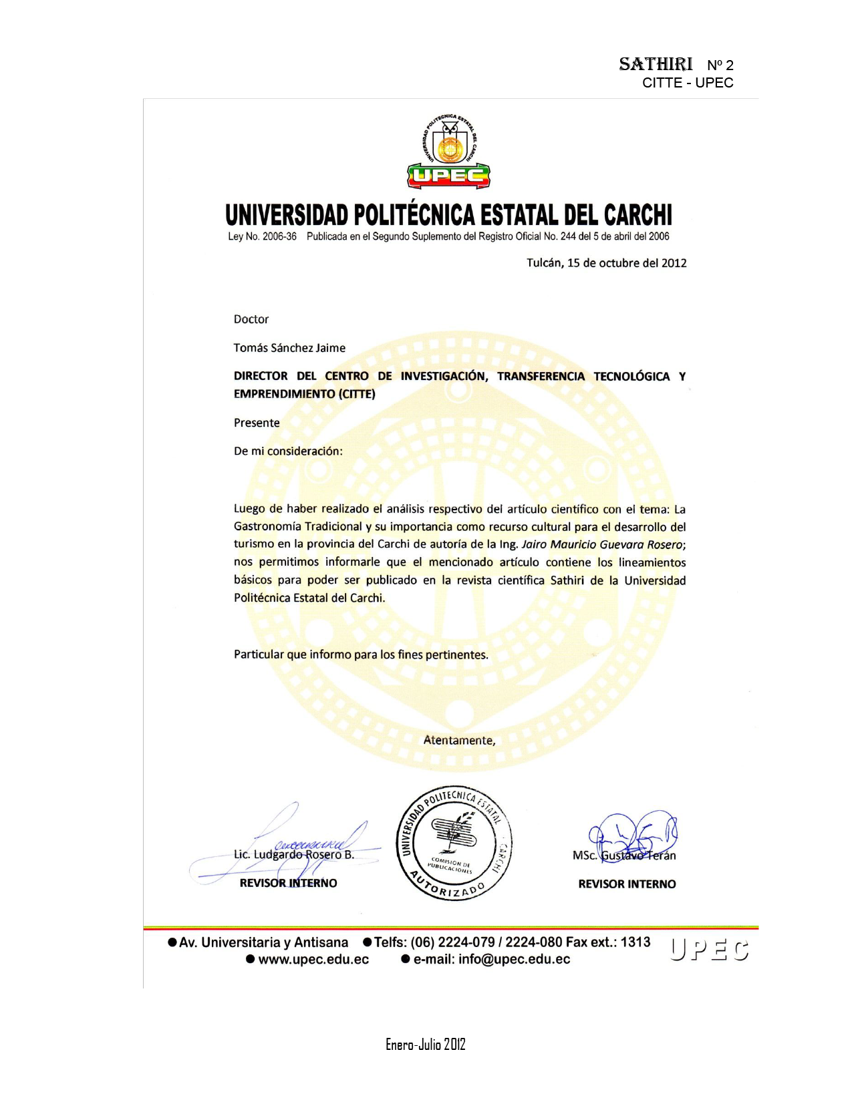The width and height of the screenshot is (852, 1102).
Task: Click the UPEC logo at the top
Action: point(448,152)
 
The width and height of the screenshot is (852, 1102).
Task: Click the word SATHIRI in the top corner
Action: point(656,64)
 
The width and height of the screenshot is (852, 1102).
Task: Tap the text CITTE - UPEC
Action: point(688,83)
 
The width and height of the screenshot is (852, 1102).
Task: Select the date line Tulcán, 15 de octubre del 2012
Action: point(606,263)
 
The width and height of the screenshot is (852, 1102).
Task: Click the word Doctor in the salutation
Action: point(251,319)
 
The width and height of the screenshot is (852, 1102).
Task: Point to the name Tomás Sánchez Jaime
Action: point(289,348)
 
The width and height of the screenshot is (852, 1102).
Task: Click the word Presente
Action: point(257,423)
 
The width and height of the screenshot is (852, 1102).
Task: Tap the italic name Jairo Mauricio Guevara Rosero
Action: point(601,544)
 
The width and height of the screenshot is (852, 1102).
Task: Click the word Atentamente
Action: point(459,740)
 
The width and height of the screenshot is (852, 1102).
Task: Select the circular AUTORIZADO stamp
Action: point(454,843)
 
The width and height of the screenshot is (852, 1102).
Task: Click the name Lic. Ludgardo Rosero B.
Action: point(294,855)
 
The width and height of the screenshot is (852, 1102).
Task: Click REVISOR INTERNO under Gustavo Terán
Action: point(627,884)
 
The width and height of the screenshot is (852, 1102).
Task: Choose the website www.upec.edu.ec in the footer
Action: point(313,960)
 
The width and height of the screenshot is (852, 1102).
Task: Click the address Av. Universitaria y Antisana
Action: point(263,942)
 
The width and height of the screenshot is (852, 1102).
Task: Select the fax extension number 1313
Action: point(635,942)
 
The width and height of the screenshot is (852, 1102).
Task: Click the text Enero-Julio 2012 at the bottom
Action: point(425,1045)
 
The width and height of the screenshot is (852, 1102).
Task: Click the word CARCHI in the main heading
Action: point(637,215)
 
